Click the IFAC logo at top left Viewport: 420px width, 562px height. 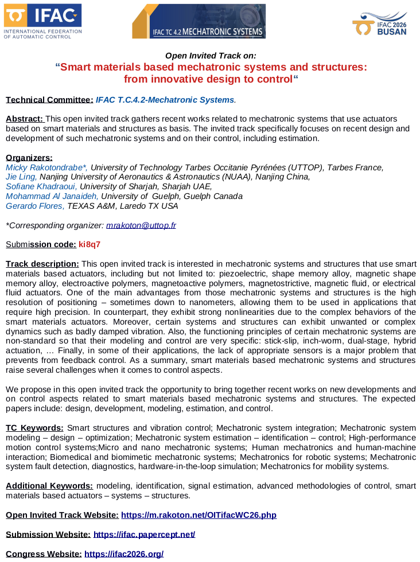pos(42,21)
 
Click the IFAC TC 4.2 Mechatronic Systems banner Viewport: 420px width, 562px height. pos(199,21)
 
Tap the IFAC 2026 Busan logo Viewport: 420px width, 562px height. pos(379,24)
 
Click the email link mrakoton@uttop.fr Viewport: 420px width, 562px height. pos(141,225)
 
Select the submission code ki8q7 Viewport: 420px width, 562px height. pos(90,244)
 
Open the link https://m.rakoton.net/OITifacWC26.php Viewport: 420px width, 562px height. pos(199,515)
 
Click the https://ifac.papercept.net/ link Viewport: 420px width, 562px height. pos(144,534)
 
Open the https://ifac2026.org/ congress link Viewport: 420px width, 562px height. pos(124,554)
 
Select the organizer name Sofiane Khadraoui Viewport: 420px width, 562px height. pos(41,186)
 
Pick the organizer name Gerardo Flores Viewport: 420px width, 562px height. pos(35,206)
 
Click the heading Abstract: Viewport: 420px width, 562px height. pos(25,119)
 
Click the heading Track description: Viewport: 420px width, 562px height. pos(42,264)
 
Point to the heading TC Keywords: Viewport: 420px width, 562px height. pos(34,428)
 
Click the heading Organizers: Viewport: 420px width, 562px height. pos(29,158)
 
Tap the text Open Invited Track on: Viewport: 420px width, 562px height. pos(211,56)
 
